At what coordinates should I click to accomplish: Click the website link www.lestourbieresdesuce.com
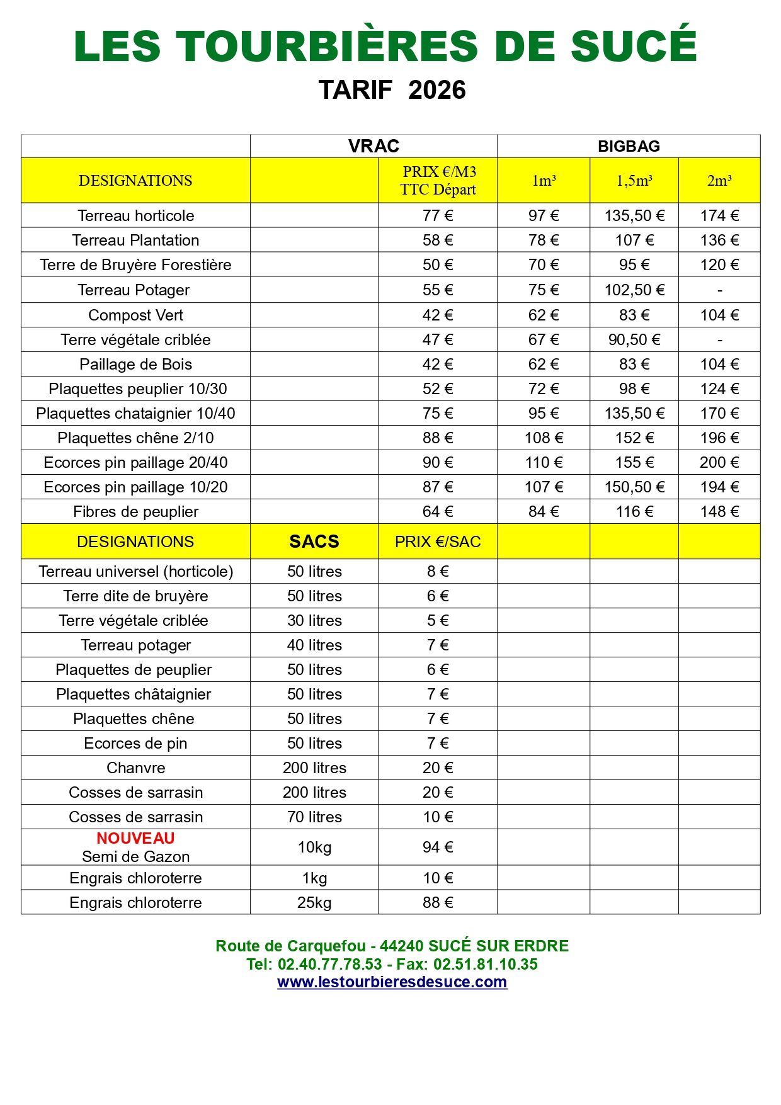(x=392, y=982)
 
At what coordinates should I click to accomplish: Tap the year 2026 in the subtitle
(x=436, y=90)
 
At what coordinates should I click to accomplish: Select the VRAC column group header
(x=373, y=146)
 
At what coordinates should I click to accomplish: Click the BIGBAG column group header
(x=629, y=146)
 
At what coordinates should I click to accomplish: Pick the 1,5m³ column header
(x=634, y=181)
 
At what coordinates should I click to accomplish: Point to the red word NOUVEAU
(x=135, y=838)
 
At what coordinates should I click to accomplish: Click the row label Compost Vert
(x=135, y=315)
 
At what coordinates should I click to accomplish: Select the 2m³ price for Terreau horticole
(x=719, y=215)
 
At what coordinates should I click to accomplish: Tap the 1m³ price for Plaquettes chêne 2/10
(x=544, y=438)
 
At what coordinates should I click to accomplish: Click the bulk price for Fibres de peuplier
(x=438, y=511)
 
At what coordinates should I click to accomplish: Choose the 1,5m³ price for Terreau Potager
(x=634, y=290)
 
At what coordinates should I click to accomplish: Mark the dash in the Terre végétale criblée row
(x=719, y=340)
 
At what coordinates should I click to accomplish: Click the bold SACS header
(x=314, y=541)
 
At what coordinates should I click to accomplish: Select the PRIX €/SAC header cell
(x=438, y=541)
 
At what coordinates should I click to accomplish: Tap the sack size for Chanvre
(x=314, y=768)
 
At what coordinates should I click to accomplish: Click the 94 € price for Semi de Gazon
(x=438, y=847)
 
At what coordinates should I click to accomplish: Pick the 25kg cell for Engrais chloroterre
(x=314, y=902)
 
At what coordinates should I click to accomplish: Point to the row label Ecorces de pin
(x=135, y=743)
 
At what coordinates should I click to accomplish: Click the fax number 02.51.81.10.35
(x=485, y=964)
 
